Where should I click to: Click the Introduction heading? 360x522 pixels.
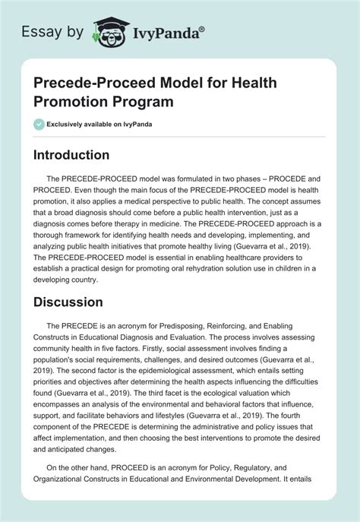point(81,155)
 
